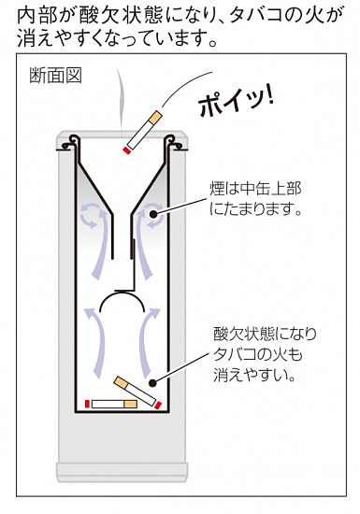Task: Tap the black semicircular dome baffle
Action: tap(121, 304)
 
